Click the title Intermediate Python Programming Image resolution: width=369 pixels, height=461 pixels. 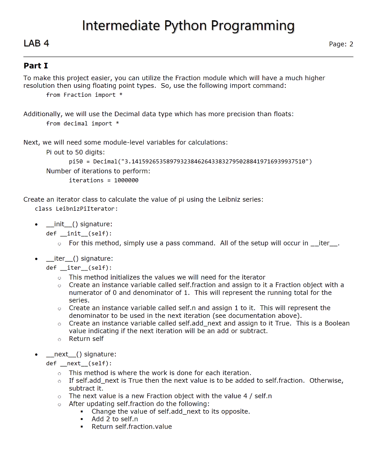(x=188, y=26)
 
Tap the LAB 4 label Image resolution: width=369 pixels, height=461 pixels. (x=36, y=43)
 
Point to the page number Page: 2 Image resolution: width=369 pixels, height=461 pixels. (x=341, y=44)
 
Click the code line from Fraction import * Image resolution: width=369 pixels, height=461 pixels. (x=84, y=95)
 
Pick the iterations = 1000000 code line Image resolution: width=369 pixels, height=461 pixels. (x=104, y=180)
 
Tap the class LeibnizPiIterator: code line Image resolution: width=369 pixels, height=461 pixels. (x=76, y=209)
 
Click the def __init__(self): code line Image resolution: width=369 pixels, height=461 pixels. (x=79, y=233)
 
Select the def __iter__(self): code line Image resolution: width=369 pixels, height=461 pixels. (x=79, y=267)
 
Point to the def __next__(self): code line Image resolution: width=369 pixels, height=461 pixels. (x=79, y=363)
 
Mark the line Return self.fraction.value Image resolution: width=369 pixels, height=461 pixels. (x=132, y=426)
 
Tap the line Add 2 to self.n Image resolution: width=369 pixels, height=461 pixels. (x=114, y=419)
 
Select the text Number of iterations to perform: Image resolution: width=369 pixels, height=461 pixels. (x=98, y=171)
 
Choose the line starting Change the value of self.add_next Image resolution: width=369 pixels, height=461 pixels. (x=170, y=411)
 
